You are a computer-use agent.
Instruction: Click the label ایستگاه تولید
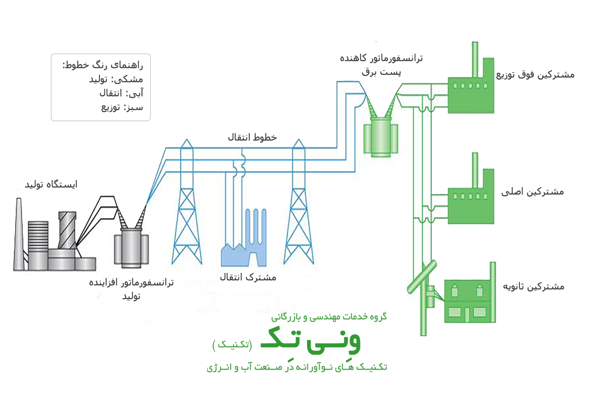51,184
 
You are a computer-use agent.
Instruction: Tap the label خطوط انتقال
252,137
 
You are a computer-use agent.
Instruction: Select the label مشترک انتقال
248,277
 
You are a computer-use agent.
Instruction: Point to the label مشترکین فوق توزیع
535,74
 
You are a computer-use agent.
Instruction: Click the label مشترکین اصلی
532,192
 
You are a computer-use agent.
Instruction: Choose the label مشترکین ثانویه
533,287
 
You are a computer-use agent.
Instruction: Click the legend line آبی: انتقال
121,93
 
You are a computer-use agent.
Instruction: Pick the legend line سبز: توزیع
122,107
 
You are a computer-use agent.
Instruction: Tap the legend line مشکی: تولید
116,79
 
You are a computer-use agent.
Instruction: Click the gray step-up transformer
131,248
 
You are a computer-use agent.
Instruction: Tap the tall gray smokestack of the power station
19,235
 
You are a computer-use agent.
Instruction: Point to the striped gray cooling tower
67,230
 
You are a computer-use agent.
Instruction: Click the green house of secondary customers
468,302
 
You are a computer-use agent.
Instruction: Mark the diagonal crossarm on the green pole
422,277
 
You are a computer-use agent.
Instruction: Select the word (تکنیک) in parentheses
232,344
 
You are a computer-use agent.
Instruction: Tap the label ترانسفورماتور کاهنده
381,58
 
